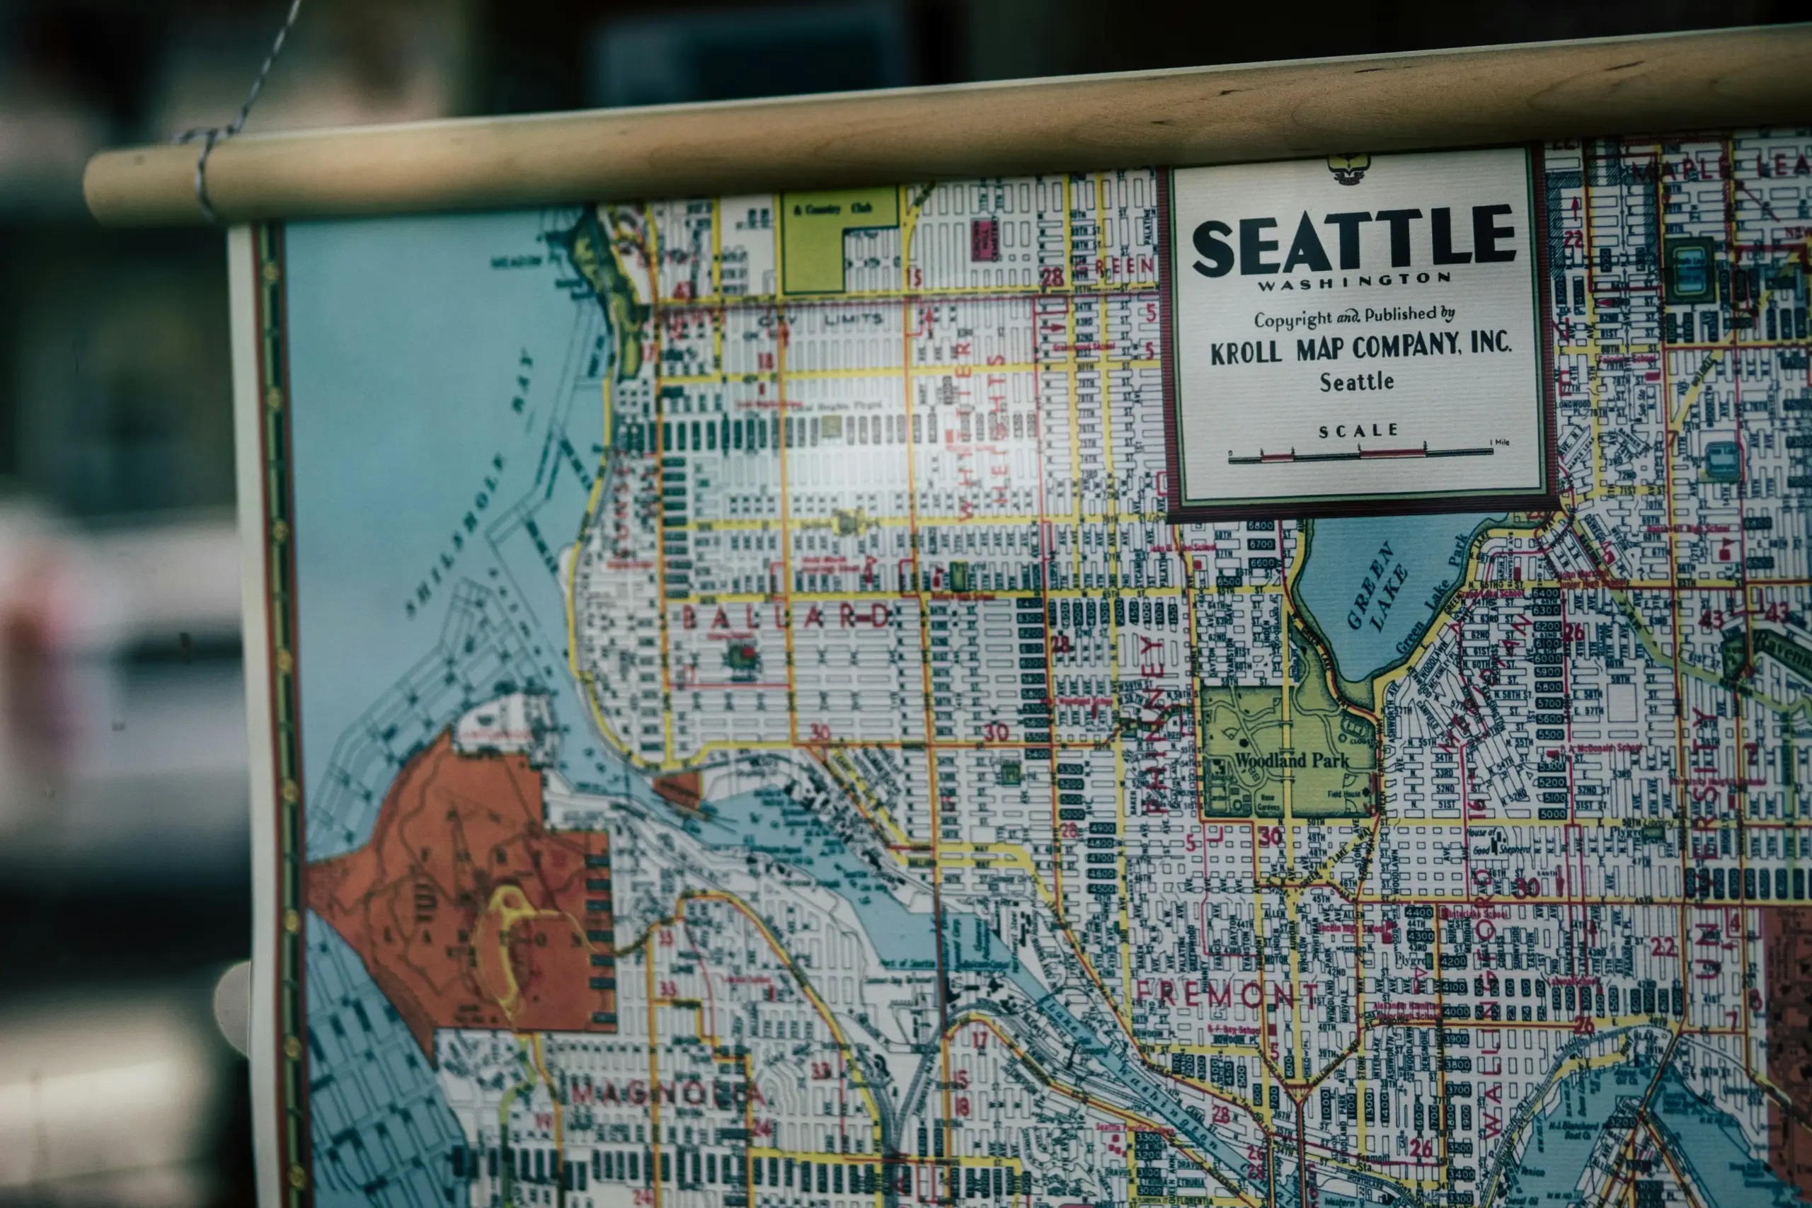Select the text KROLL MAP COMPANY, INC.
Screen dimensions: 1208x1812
1360,347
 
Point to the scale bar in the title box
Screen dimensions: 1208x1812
1360,454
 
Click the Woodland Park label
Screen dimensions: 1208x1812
1292,760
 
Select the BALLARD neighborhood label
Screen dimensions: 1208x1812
786,617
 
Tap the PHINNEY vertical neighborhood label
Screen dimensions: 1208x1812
1153,724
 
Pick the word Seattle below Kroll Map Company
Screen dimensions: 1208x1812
1357,381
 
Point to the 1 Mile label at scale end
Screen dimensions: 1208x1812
1499,442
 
